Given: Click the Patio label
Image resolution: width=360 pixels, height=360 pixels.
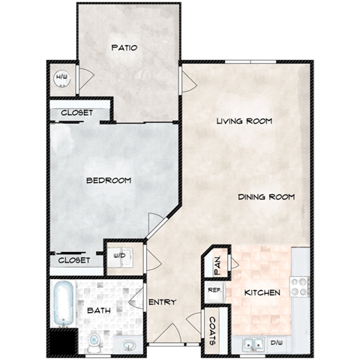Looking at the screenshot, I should [124, 47].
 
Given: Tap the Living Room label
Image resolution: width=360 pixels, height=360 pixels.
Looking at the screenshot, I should [243, 121].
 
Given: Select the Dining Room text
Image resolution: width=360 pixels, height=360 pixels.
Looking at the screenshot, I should [265, 196].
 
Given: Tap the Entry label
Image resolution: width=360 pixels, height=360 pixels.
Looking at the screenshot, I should [161, 302].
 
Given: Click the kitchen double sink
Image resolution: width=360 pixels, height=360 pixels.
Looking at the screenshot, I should [253, 343].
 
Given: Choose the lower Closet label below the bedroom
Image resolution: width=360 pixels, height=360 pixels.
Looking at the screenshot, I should [74, 260].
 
